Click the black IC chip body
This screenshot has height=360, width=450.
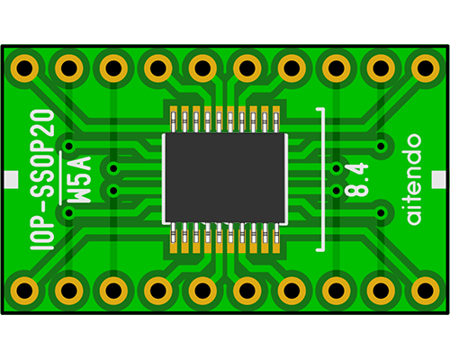(x=225, y=178)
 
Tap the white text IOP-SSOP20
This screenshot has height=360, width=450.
(x=42, y=180)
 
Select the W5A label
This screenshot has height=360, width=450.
(x=79, y=179)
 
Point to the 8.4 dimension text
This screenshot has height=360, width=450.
(x=356, y=179)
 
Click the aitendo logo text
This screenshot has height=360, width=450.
(x=414, y=179)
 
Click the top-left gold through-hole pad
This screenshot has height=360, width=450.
(x=24, y=68)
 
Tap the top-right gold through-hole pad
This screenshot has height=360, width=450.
(x=425, y=68)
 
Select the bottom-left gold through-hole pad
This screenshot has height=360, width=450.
(x=24, y=291)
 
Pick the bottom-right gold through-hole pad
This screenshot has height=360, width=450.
(x=425, y=291)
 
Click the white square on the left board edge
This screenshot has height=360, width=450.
(x=12, y=179)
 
